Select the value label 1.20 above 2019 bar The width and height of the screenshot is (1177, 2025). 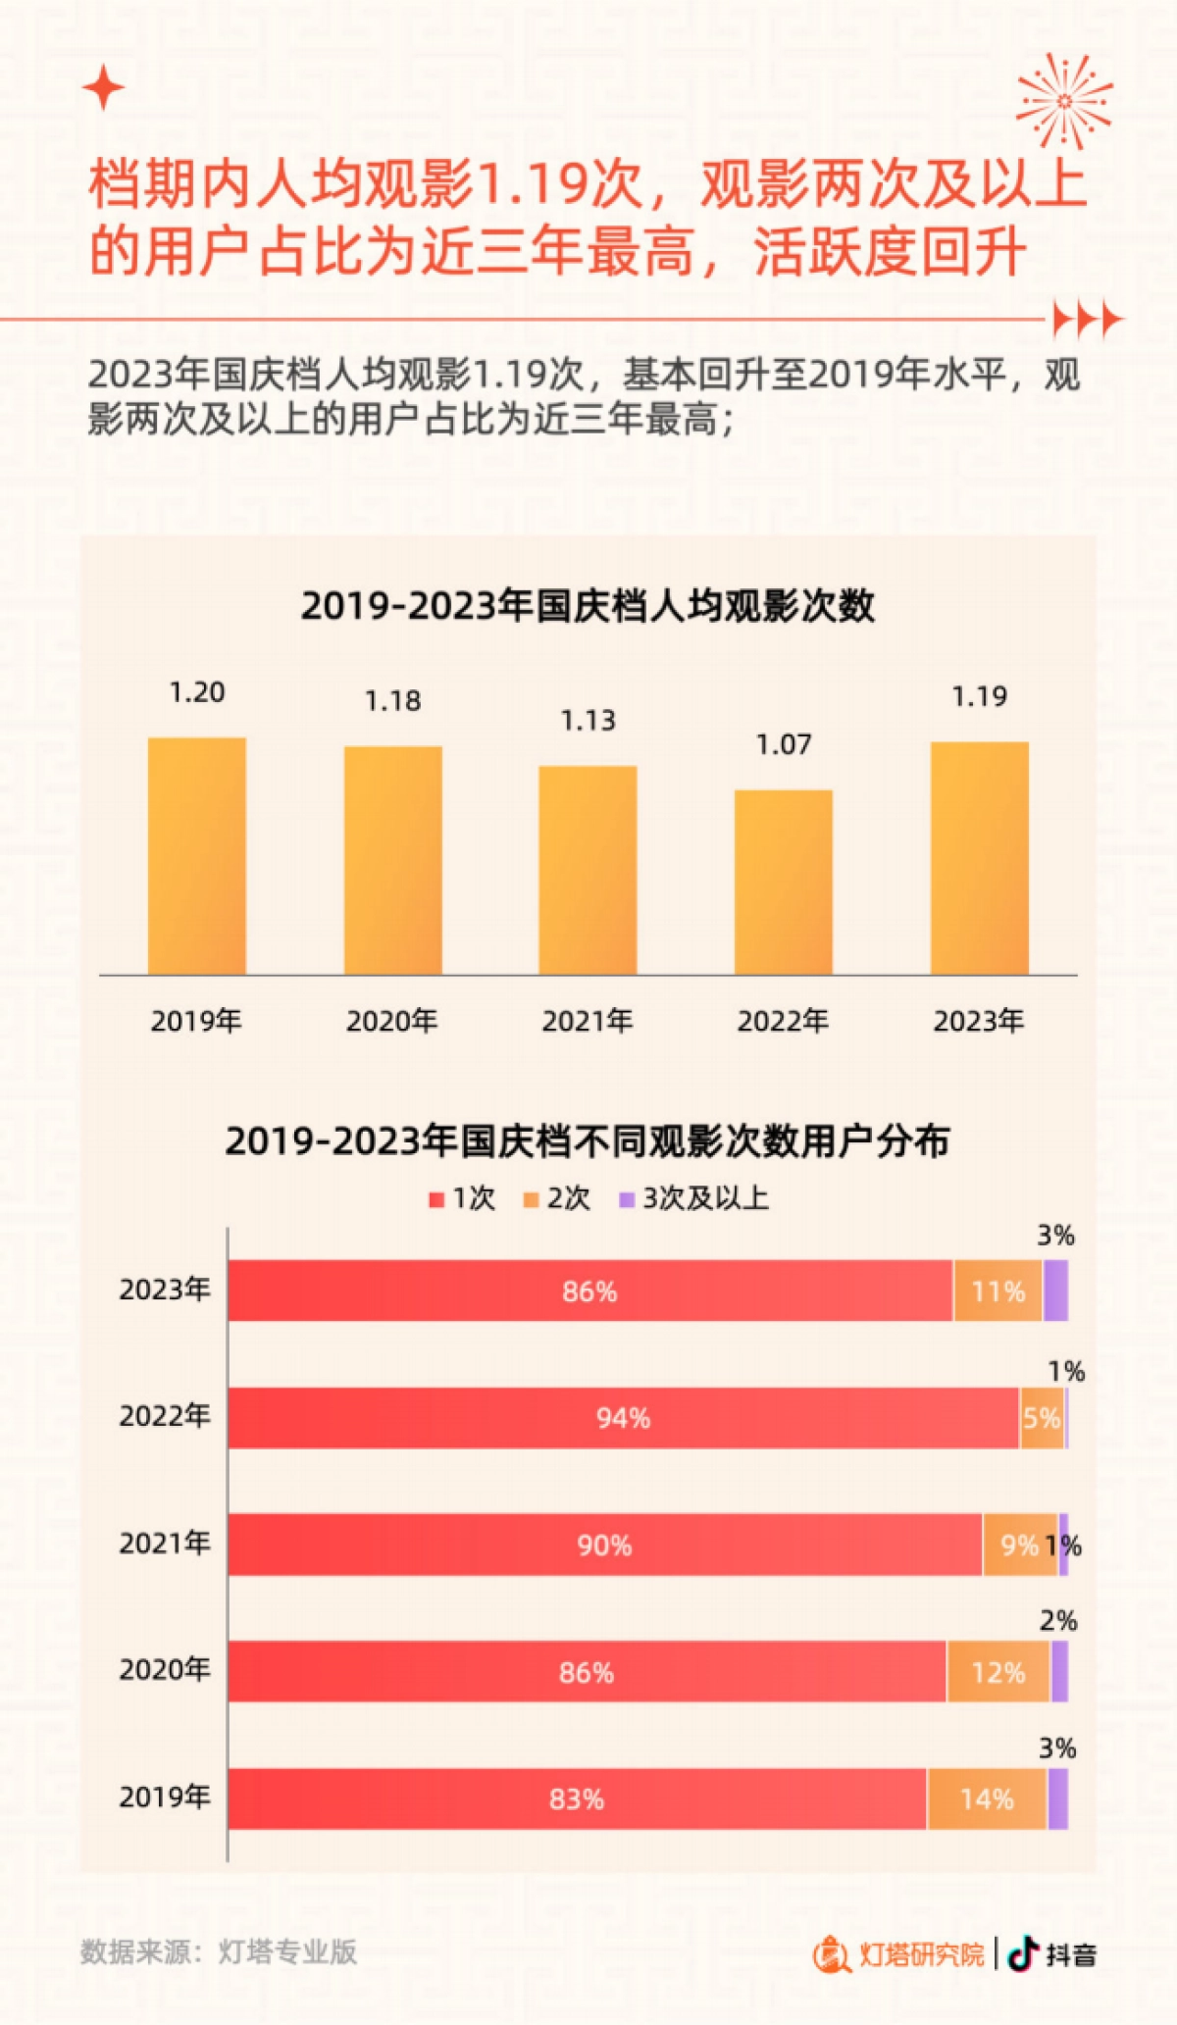click(x=197, y=692)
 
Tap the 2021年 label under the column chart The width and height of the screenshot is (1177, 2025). click(x=588, y=1021)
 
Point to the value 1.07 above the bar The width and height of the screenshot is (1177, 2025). click(x=783, y=745)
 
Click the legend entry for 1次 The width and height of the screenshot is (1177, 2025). click(x=463, y=1198)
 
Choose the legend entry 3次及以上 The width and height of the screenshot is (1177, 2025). click(x=694, y=1198)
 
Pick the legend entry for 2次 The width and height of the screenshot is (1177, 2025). click(x=557, y=1198)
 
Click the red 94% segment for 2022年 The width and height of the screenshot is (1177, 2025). click(x=623, y=1418)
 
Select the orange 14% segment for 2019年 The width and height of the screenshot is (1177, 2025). click(x=987, y=1799)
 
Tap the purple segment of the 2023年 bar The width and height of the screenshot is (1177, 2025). click(x=1055, y=1291)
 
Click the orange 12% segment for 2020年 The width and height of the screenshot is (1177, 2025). click(x=998, y=1672)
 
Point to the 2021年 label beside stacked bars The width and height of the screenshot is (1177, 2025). click(x=165, y=1544)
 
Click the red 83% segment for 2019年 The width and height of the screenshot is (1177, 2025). click(x=577, y=1799)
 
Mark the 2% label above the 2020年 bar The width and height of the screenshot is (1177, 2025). click(x=1058, y=1621)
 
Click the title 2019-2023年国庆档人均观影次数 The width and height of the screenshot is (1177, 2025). click(x=588, y=606)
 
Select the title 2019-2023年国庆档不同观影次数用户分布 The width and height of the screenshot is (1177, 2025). click(x=588, y=1141)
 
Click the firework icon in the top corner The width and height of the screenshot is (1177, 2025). click(x=1064, y=101)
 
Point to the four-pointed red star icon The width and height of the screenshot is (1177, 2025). click(x=103, y=89)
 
